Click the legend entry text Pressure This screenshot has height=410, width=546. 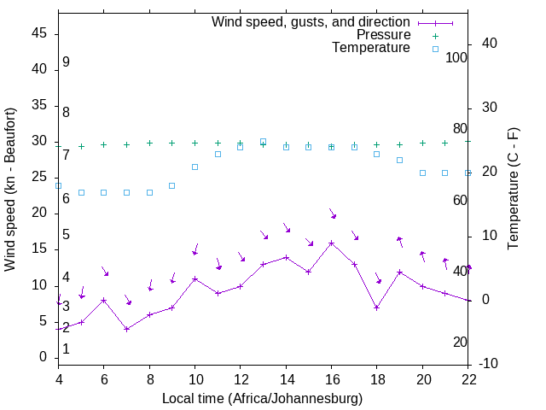[383, 35]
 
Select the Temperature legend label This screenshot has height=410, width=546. [371, 49]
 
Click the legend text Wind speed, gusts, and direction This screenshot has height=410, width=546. [311, 21]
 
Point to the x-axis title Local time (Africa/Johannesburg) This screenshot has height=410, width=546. [262, 399]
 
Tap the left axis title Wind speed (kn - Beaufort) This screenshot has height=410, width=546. [10, 190]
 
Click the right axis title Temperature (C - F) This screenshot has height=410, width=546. [513, 190]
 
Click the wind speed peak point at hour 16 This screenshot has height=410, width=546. [332, 243]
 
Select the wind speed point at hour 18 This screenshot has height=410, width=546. [377, 307]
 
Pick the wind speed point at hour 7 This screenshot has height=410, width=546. [126, 329]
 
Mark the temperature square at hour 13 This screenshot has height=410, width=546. [263, 141]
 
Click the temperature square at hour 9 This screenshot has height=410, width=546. [172, 185]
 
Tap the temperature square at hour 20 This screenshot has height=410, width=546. [422, 173]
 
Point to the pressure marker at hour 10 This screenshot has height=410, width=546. [195, 143]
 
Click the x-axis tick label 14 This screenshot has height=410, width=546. [286, 380]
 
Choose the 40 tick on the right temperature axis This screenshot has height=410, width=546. [478, 44]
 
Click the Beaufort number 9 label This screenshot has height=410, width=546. [66, 63]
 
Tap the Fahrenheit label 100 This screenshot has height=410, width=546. [456, 58]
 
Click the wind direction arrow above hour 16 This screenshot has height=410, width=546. [332, 214]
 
